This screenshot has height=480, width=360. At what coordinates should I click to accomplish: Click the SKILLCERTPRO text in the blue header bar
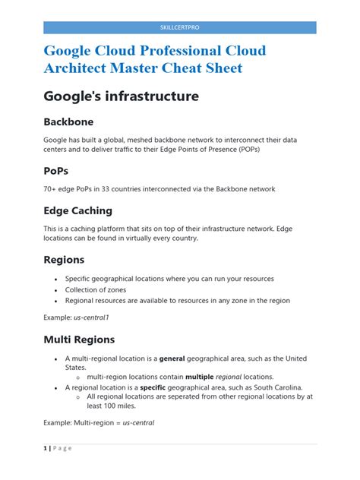179,27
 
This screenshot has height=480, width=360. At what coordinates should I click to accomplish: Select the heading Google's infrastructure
121,96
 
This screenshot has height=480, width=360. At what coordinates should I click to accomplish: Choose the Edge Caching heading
77,210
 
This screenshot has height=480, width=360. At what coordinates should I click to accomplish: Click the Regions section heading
64,260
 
